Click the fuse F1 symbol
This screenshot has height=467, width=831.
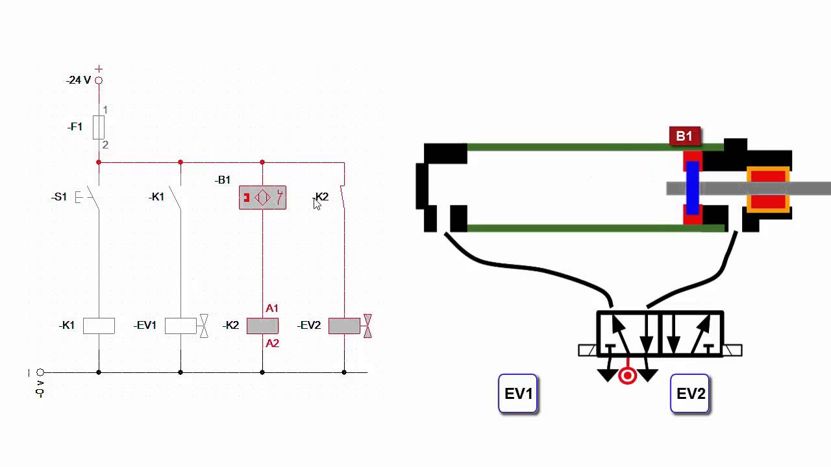coord(99,127)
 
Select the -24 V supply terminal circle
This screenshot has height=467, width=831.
coord(99,80)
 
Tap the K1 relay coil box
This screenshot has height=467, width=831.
coord(99,326)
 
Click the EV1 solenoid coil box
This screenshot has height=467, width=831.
coord(180,326)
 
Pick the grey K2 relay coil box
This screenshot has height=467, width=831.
coord(262,326)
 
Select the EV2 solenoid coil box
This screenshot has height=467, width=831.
coord(344,326)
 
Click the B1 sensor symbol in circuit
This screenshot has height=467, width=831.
coord(262,197)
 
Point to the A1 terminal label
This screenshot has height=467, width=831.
coord(272,308)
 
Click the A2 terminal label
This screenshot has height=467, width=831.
coord(272,343)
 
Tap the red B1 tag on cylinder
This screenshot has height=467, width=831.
coord(684,136)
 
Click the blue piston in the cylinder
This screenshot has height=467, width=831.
coord(692,188)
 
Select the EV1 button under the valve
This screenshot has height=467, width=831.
coord(518,393)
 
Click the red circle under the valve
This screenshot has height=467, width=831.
coord(627,376)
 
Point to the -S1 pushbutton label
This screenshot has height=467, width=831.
coord(59,197)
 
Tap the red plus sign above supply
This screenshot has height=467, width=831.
coord(99,69)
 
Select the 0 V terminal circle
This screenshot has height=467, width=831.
coord(40,372)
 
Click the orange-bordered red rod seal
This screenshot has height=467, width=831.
coord(768,189)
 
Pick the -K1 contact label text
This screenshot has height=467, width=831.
coord(156,197)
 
